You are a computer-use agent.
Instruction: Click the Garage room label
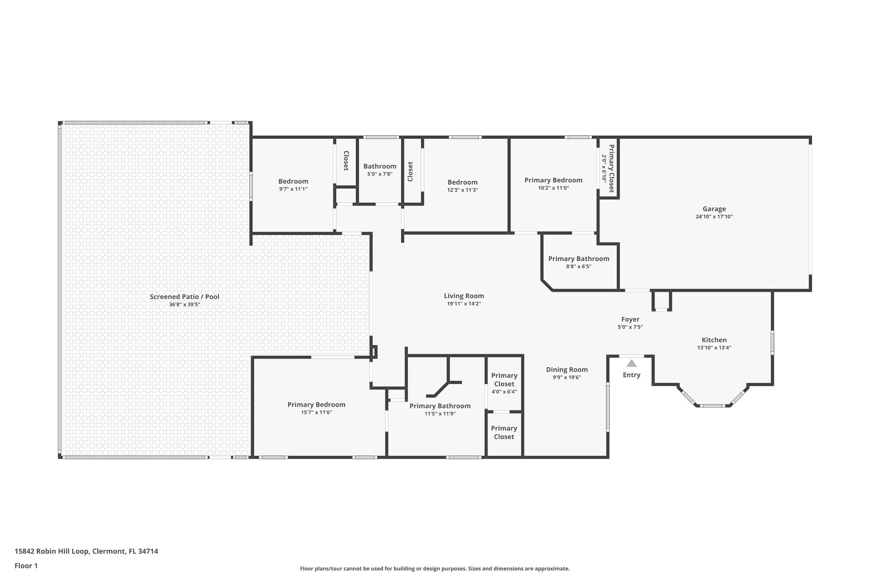(714, 209)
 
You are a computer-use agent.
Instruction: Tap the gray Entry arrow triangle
(631, 363)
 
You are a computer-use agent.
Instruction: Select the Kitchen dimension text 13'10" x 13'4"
(714, 348)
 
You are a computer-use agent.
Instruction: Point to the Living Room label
(464, 296)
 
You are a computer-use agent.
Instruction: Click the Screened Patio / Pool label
(184, 297)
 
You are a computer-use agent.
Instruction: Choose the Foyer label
(630, 320)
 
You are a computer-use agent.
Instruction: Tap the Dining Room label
(567, 370)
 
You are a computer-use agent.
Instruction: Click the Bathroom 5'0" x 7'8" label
(380, 167)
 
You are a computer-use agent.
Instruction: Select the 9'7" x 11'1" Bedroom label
(293, 182)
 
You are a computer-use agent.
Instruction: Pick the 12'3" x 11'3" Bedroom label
(462, 183)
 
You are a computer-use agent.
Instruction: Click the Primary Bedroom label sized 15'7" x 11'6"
(316, 405)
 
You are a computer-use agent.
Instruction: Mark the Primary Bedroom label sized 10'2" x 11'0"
(553, 181)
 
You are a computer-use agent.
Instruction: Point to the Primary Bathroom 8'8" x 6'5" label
(579, 259)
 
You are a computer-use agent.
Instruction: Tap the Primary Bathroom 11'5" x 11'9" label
(440, 406)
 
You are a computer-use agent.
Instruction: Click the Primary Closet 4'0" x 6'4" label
(504, 380)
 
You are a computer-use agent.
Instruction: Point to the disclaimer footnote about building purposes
(435, 569)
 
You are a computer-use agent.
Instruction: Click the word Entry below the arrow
(631, 375)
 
